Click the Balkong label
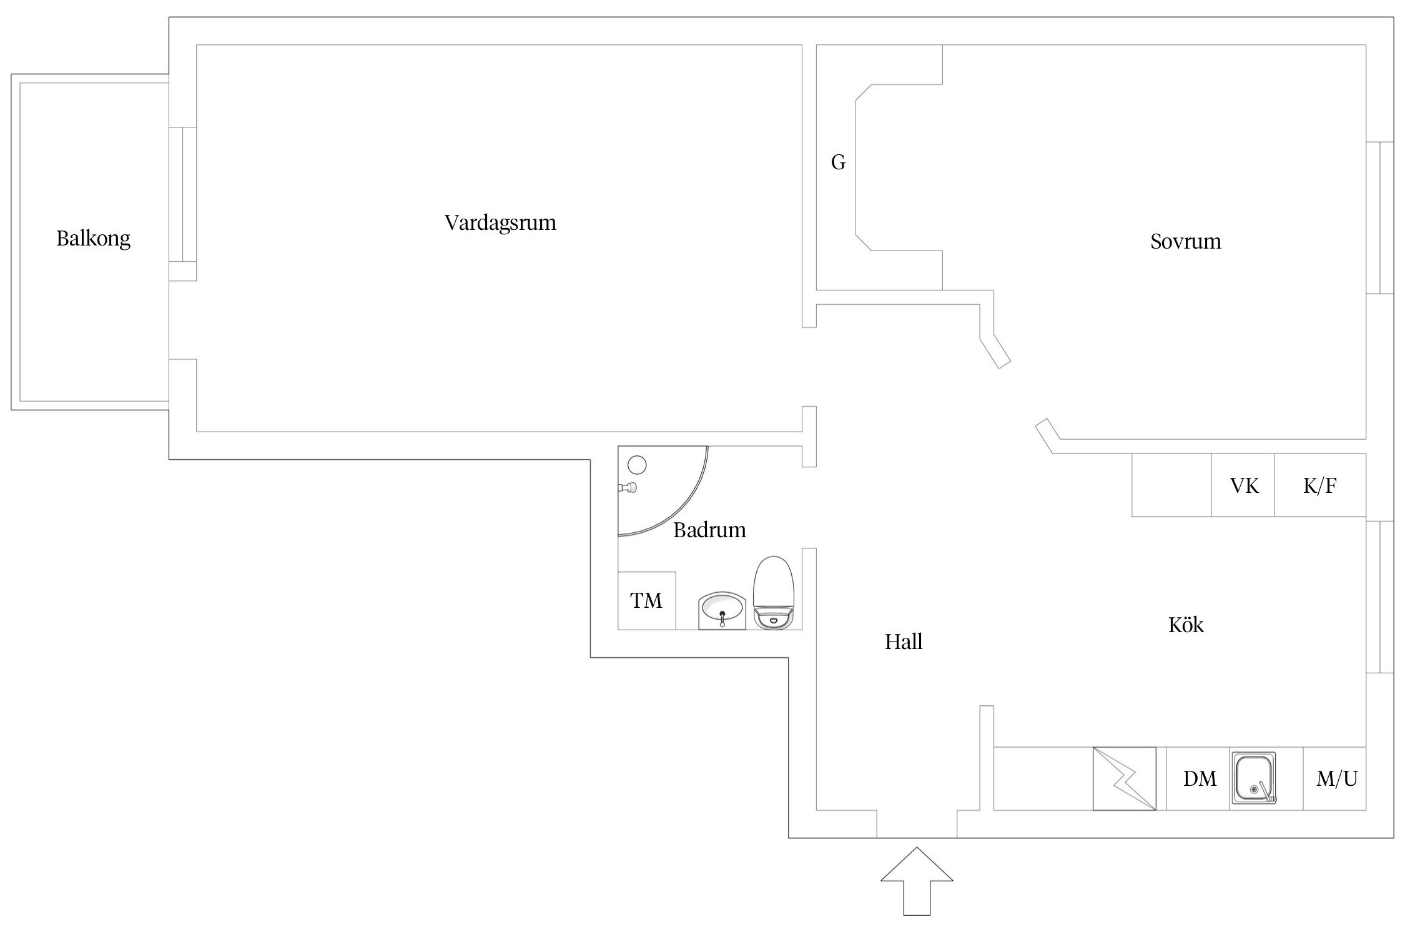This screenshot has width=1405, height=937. (94, 239)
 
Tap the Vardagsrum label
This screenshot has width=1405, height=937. (500, 223)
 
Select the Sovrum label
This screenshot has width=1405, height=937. (1185, 242)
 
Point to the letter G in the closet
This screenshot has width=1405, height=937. (838, 163)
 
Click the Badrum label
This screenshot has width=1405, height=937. (709, 530)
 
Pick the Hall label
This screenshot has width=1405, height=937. (903, 642)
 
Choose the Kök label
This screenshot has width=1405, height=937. (1185, 625)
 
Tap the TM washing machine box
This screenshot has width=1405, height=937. (646, 600)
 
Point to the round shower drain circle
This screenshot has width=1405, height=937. (637, 465)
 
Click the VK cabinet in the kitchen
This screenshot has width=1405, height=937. (1243, 485)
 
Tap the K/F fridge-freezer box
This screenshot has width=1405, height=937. (1319, 485)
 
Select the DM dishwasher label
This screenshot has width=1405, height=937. (1200, 779)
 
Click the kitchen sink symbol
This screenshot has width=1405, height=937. (1254, 778)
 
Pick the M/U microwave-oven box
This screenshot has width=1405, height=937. (1336, 779)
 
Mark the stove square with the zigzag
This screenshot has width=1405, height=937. (1124, 778)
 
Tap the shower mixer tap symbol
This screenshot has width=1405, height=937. (628, 487)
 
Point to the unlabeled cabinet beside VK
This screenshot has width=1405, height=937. (1171, 485)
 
